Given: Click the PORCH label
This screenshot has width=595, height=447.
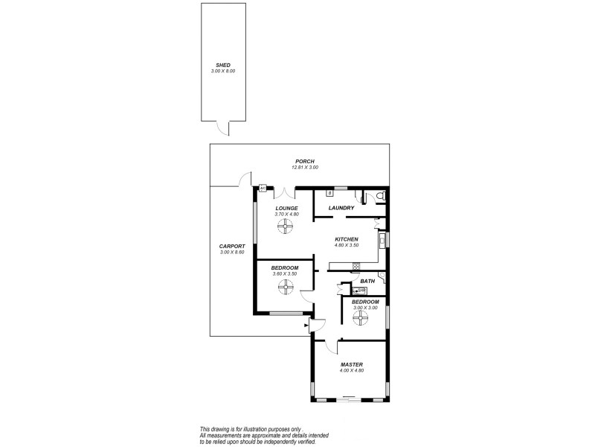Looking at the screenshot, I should click(304, 162).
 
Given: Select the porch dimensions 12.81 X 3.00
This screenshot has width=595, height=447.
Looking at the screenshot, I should click(304, 168).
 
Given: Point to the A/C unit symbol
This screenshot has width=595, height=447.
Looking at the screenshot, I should click(263, 188).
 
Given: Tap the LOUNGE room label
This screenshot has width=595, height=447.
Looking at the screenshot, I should click(286, 208).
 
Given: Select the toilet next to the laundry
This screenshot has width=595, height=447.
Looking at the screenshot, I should click(380, 196).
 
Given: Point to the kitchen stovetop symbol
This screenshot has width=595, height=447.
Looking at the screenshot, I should click(356, 266).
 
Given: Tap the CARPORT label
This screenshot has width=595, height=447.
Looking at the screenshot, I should click(232, 247).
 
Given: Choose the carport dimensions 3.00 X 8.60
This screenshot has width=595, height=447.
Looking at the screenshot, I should click(232, 253).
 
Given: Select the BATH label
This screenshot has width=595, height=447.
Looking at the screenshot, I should click(367, 281).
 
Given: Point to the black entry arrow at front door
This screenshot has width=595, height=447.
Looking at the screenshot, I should click(307, 325).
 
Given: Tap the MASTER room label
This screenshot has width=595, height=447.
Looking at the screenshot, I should click(351, 364).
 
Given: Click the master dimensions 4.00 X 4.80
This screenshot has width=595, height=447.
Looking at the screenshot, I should click(351, 370).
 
